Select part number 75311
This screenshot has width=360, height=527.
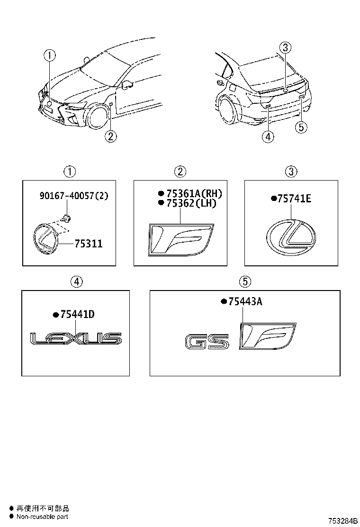coord(89,244)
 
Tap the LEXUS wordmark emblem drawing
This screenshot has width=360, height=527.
coord(76,338)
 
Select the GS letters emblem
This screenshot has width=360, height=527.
coord(207,342)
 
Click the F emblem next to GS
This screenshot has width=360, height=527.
coord(268,336)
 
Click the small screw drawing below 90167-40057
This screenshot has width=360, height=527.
coord(67,218)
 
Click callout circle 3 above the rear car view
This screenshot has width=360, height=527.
coord(285,47)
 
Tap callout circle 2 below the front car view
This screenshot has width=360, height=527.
coord(109,136)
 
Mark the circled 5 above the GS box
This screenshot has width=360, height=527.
coord(244,282)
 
